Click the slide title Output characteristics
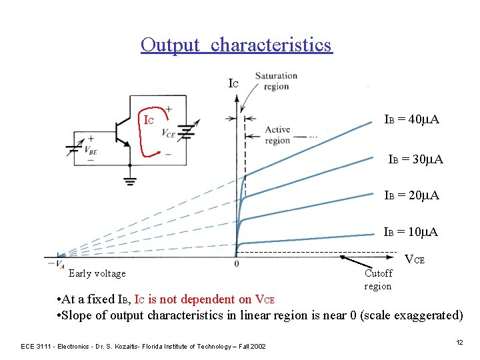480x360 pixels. [236, 45]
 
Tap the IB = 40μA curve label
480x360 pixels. [411, 120]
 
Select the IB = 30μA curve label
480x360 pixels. [415, 160]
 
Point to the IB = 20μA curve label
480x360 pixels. [411, 195]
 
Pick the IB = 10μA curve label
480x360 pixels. [411, 232]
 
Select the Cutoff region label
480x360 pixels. [378, 279]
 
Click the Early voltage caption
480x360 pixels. [97, 273]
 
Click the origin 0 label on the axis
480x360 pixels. [237, 265]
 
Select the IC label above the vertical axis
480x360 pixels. [233, 84]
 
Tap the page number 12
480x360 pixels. [459, 342]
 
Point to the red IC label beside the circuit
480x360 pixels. [149, 121]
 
